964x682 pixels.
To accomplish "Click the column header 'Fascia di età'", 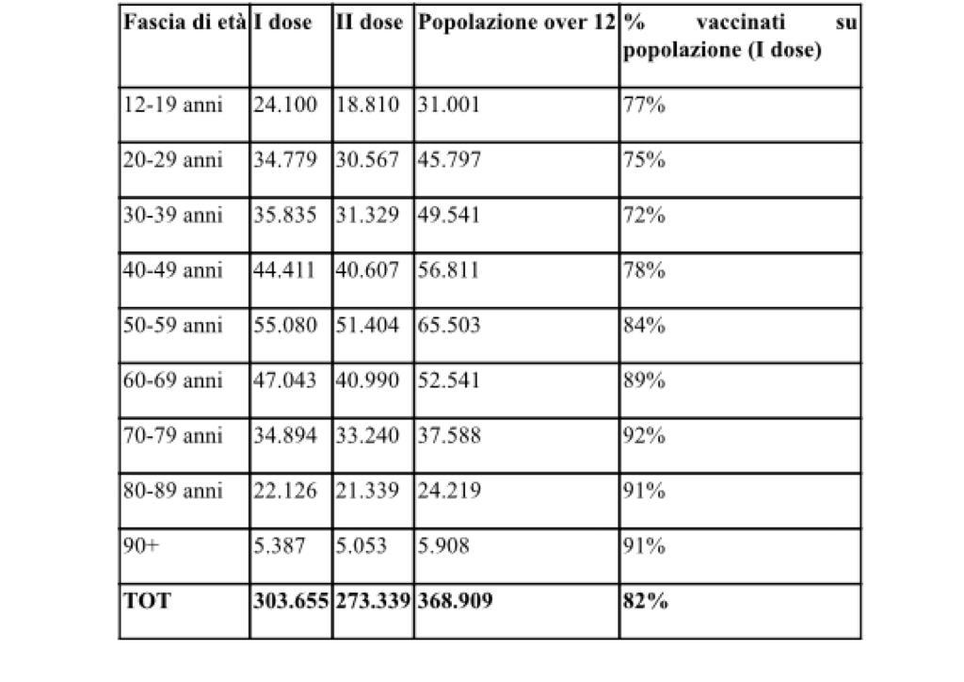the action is (x=185, y=23).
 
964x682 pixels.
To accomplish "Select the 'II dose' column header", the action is (x=369, y=23).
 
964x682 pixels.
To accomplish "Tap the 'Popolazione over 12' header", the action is (x=517, y=23).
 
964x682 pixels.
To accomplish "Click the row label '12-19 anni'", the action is (x=173, y=105).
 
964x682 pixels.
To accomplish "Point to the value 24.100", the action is (x=285, y=105).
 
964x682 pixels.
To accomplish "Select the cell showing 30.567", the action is (x=367, y=160).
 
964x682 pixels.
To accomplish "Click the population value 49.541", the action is (x=449, y=215).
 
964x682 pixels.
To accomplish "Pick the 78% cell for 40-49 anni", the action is (x=644, y=270).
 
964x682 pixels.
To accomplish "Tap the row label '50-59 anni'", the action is (x=173, y=325).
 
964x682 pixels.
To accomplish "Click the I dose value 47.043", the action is (x=285, y=380).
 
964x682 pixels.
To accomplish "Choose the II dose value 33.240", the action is (x=367, y=435).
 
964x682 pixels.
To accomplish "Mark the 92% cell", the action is (x=644, y=435).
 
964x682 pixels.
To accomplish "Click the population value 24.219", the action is (x=449, y=490).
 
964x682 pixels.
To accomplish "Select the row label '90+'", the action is (x=141, y=545).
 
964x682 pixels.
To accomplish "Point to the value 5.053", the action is (x=361, y=545).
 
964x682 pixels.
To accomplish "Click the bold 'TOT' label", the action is (x=148, y=601).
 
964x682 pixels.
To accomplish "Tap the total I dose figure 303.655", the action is (x=292, y=601).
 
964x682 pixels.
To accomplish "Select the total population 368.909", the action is (x=456, y=601).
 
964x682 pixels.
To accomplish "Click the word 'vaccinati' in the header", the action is (x=741, y=23).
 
